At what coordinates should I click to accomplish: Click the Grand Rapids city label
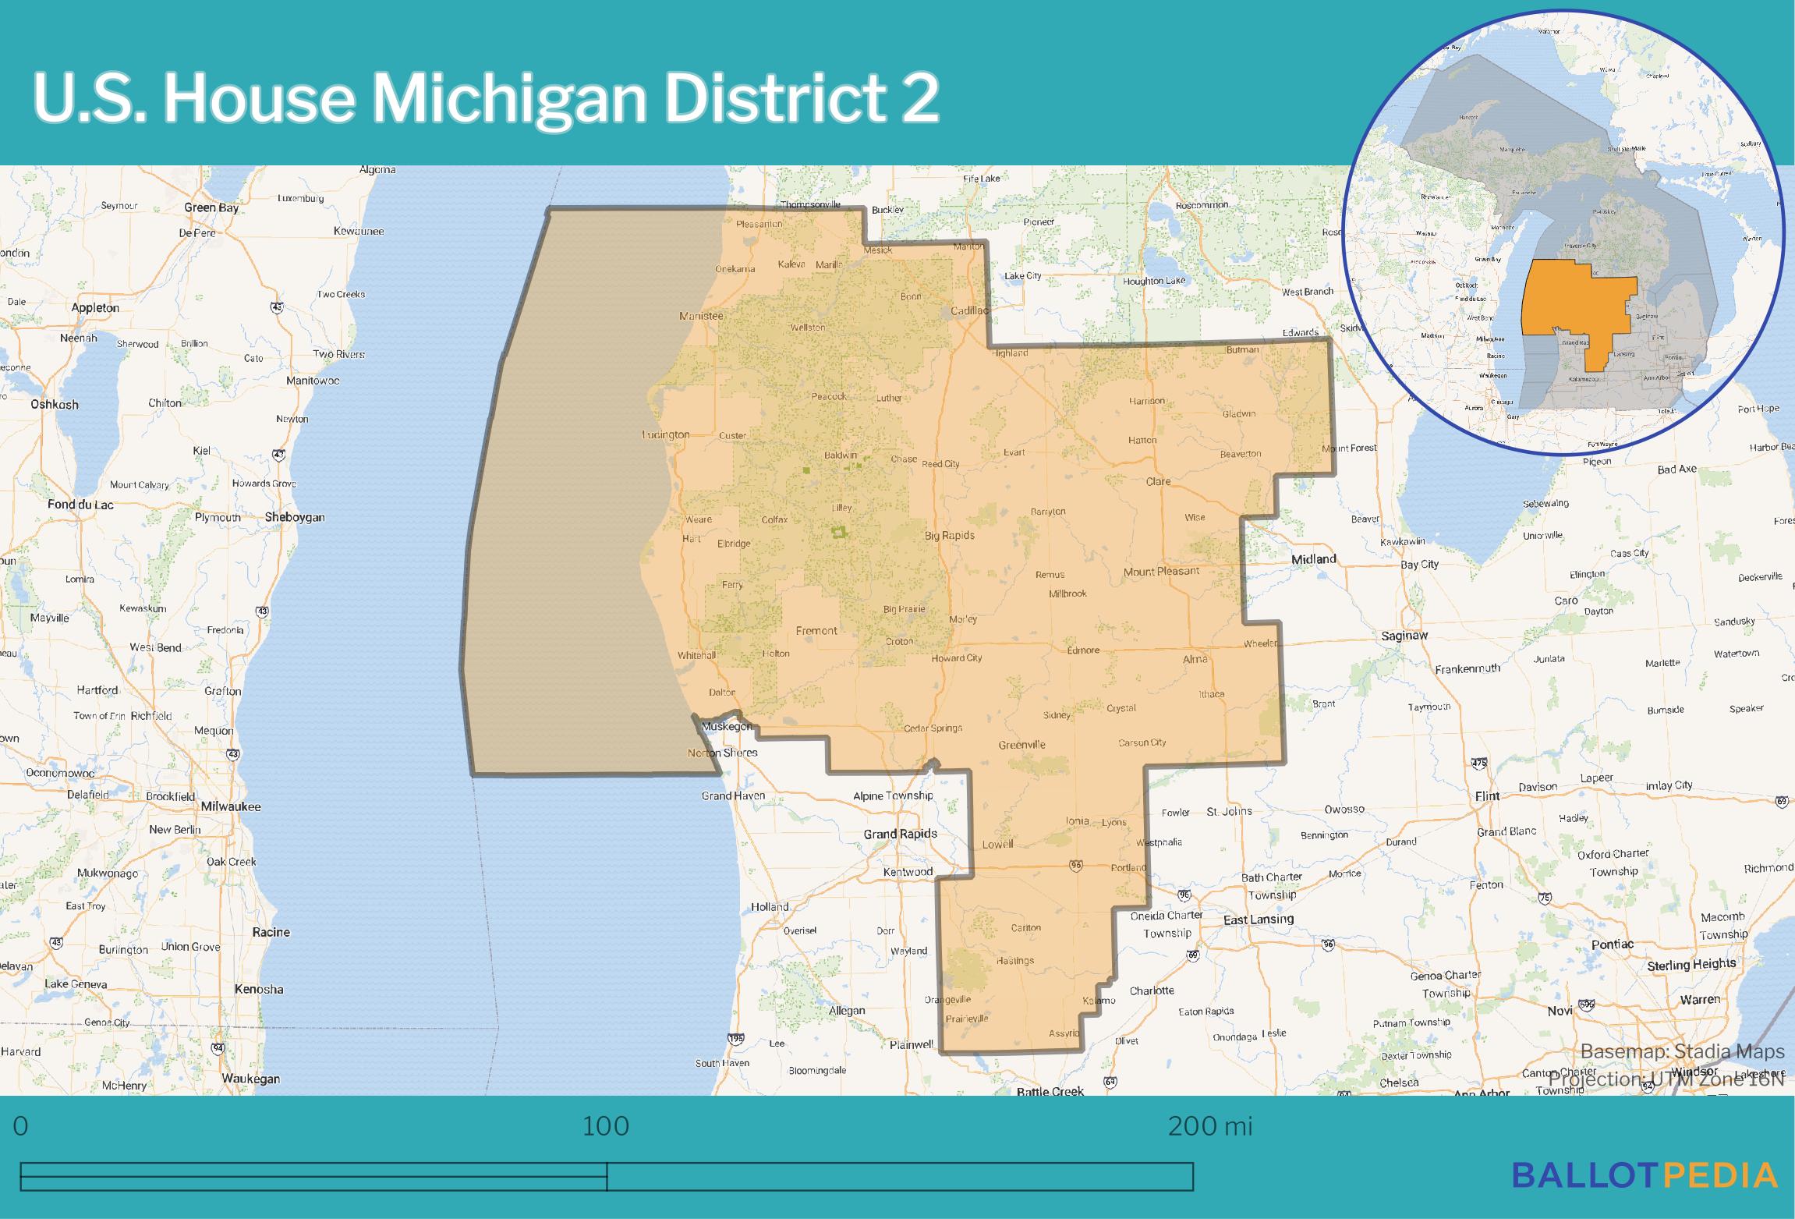click(x=900, y=834)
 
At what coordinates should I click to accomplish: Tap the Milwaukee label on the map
click(x=231, y=806)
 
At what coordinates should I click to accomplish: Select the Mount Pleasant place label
click(x=1161, y=571)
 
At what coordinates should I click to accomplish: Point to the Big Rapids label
click(x=949, y=535)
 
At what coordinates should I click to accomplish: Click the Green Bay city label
click(x=211, y=207)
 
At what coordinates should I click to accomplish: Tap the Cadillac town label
click(x=969, y=310)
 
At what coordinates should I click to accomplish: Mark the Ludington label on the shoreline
click(x=666, y=434)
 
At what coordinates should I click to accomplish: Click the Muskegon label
click(x=727, y=726)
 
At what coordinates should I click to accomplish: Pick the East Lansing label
click(x=1258, y=920)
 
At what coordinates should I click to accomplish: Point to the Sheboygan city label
click(x=295, y=517)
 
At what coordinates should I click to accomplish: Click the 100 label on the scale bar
click(x=606, y=1126)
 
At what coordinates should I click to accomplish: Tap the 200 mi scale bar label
click(x=1209, y=1126)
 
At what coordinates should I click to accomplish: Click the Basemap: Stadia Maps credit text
click(x=1682, y=1051)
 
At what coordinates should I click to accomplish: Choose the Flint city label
click(x=1487, y=796)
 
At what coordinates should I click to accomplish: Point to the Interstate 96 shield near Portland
click(x=1076, y=865)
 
